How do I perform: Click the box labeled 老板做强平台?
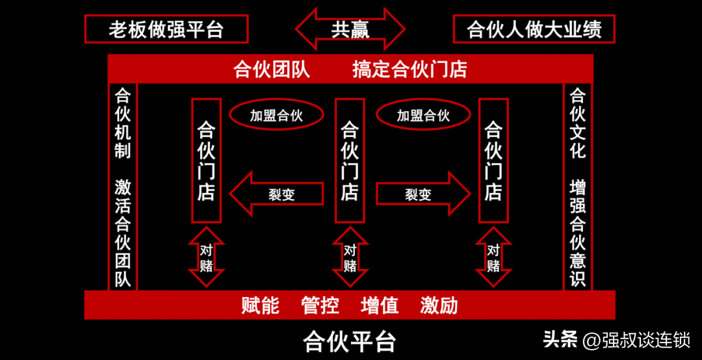click(x=166, y=29)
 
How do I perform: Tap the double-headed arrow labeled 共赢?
click(x=350, y=30)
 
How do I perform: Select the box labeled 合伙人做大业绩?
click(x=534, y=29)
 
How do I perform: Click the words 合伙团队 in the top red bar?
click(x=272, y=69)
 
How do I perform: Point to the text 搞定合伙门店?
click(x=409, y=69)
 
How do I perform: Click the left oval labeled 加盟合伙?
click(x=277, y=116)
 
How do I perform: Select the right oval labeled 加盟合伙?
click(x=424, y=116)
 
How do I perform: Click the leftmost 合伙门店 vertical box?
click(x=207, y=161)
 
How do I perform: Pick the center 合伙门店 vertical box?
click(x=350, y=161)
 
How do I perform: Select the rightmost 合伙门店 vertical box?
click(x=493, y=161)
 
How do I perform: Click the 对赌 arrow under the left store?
click(x=207, y=257)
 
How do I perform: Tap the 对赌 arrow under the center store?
click(x=350, y=257)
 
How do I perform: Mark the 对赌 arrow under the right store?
click(x=493, y=257)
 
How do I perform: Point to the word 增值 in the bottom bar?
click(x=380, y=305)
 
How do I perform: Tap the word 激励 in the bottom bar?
click(x=439, y=305)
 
